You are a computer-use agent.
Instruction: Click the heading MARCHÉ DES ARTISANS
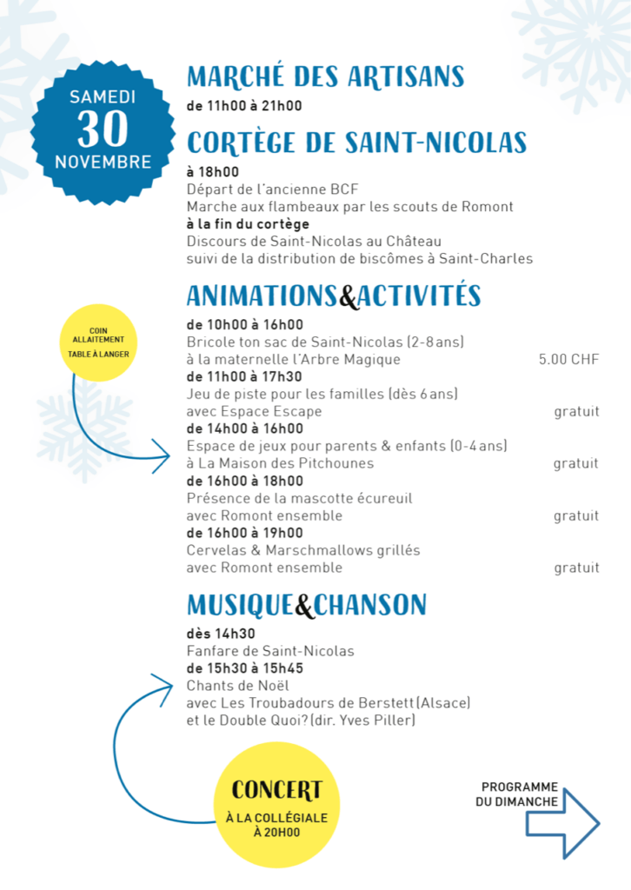[325, 76]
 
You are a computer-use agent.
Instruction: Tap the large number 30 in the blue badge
[103, 130]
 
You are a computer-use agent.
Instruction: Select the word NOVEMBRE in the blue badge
[103, 162]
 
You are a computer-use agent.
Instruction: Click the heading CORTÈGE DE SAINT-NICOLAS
[356, 142]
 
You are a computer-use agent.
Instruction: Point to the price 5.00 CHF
[568, 359]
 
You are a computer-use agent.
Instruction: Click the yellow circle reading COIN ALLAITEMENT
[98, 342]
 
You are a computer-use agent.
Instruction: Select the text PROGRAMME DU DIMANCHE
[519, 793]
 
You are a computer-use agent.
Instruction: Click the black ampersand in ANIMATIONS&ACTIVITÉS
[348, 297]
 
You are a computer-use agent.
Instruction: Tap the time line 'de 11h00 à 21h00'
[243, 106]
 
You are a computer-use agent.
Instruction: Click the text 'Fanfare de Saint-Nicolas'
[270, 651]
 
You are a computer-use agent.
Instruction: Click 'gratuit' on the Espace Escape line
[576, 411]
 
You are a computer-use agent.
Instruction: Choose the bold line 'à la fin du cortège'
[248, 224]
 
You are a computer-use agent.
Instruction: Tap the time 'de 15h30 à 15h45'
[244, 668]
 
